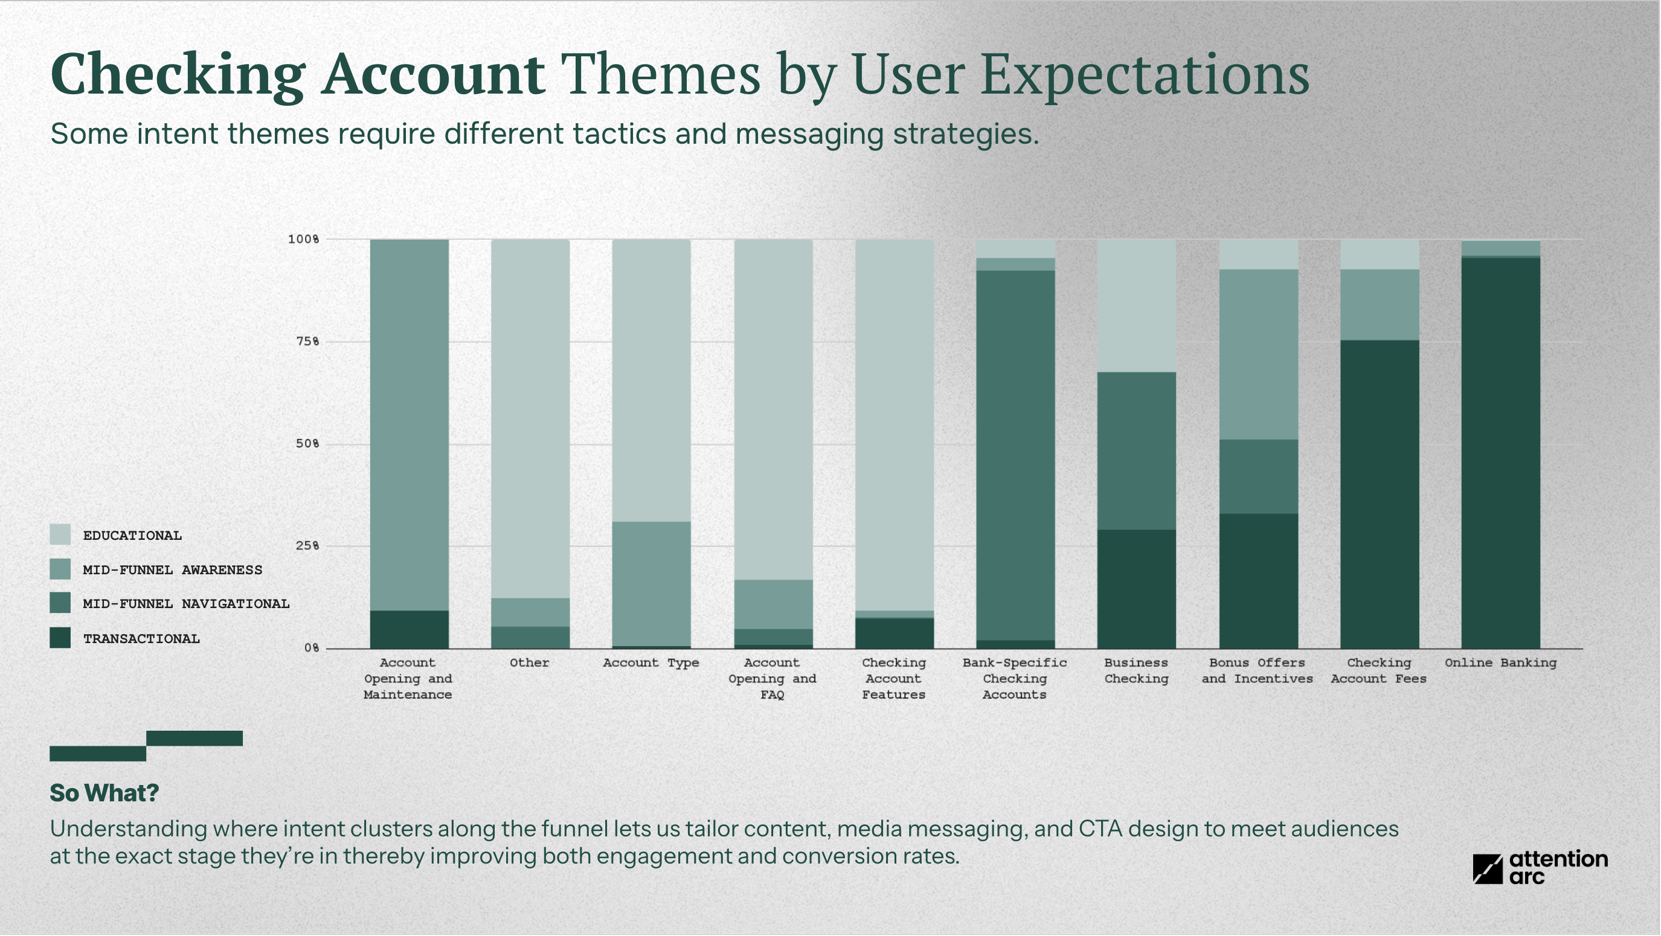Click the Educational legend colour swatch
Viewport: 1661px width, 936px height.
coord(60,535)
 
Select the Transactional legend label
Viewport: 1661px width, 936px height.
coord(141,639)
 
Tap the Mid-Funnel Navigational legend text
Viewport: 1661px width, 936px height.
coord(185,604)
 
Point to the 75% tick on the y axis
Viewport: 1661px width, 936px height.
coord(307,342)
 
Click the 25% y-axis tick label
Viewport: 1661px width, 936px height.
coord(307,546)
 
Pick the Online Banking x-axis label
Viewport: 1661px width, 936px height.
coord(1500,662)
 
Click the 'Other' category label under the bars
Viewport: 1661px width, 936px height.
coord(529,662)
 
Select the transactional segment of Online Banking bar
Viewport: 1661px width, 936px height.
coord(1500,451)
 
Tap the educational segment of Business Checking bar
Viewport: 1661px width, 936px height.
coord(1136,306)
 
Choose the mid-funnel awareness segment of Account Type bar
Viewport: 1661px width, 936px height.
coord(651,583)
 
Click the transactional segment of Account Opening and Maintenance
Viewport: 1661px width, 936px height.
coord(409,629)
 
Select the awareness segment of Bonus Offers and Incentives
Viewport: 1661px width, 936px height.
coord(1258,354)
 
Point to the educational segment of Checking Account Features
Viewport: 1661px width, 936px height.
coord(894,426)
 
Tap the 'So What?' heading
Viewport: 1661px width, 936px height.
coord(104,793)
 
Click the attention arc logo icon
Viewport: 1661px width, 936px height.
coord(1488,869)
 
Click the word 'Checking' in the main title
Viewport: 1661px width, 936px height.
coord(178,75)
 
